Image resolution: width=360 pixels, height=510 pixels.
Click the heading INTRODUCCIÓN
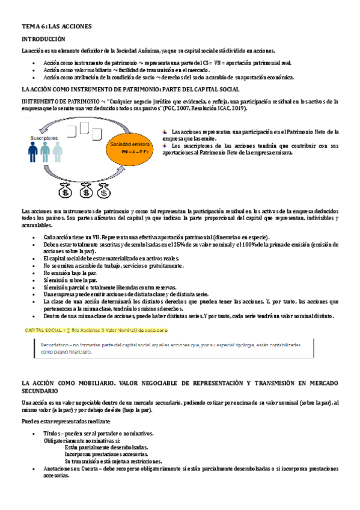click(x=44, y=38)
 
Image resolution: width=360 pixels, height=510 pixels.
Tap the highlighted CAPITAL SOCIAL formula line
click(x=96, y=331)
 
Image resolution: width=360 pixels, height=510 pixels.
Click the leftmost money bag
click(x=64, y=191)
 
